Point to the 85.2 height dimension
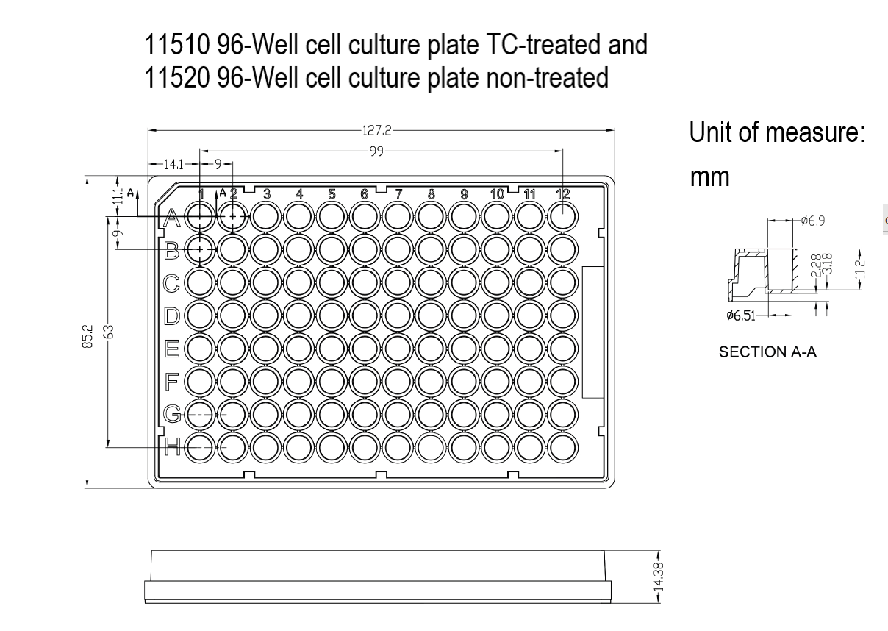(x=87, y=335)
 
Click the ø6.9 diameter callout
(x=812, y=220)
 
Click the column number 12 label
(x=563, y=194)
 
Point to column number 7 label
(x=398, y=194)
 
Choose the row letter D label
(x=172, y=316)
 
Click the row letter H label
(x=172, y=445)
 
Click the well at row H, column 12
(x=563, y=446)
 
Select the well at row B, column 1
(x=200, y=249)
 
